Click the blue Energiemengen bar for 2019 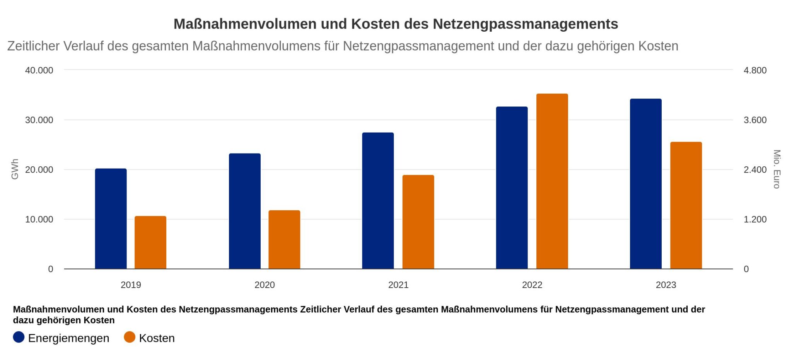111,218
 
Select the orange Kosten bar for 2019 150,242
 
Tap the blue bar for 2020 244,211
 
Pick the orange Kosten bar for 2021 418,222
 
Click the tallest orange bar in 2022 552,181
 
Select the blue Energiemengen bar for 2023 645,184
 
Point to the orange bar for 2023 686,205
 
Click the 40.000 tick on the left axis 39,70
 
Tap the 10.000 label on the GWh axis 39,220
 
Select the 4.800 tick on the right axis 755,70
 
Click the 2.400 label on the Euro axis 755,170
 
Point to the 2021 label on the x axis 398,285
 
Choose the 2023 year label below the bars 666,285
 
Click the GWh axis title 15,169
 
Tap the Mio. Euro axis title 777,169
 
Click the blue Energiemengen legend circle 19,337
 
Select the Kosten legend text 157,338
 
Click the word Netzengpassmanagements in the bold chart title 525,24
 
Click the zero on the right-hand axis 746,269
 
